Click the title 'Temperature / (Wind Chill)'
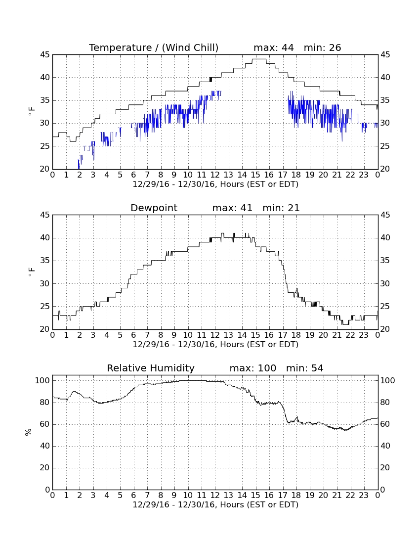click(154, 47)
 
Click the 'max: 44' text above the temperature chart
click(273, 47)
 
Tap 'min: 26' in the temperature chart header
click(322, 47)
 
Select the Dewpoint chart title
click(154, 208)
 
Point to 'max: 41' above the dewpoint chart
click(232, 208)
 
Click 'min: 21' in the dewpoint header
click(281, 208)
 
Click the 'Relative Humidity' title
click(151, 368)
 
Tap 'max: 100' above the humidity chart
click(252, 368)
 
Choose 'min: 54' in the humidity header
click(304, 368)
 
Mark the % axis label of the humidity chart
click(29, 432)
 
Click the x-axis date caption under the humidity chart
click(215, 504)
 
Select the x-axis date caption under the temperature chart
click(215, 184)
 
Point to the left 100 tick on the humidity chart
click(42, 381)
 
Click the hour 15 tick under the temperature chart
click(255, 175)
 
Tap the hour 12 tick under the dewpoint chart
click(215, 335)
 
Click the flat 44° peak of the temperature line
click(259, 59)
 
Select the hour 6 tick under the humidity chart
click(133, 495)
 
